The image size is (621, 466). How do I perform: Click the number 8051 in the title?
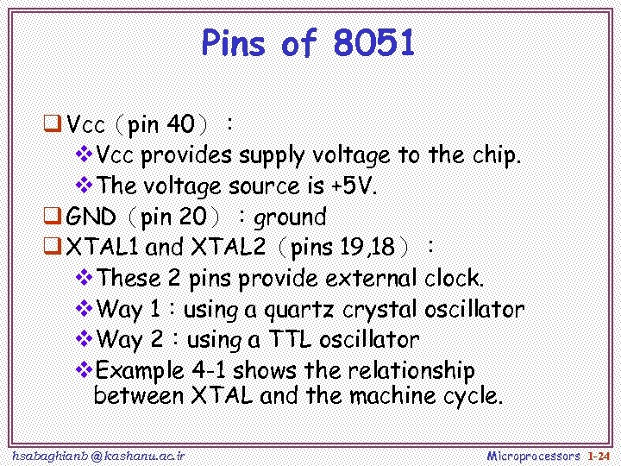point(373,43)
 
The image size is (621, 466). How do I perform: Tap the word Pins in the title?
point(237,43)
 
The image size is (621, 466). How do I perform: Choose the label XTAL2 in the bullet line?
point(225,248)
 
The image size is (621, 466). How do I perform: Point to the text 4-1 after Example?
point(210,370)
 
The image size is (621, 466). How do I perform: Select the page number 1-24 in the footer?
point(598,455)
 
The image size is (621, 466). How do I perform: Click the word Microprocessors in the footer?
point(534,455)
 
